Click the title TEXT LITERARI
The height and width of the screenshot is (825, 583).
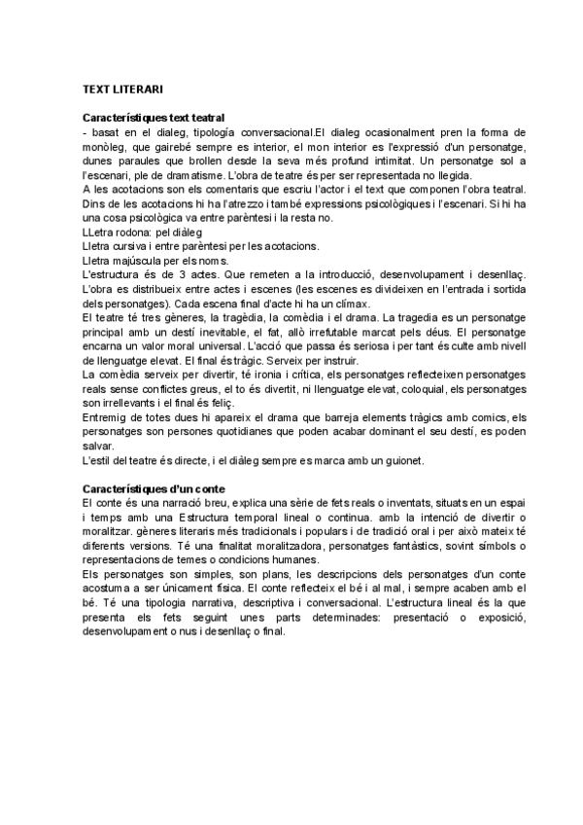[x=121, y=90]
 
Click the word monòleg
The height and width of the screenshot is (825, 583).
[x=106, y=145]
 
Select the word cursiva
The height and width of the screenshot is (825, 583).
[x=129, y=247]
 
